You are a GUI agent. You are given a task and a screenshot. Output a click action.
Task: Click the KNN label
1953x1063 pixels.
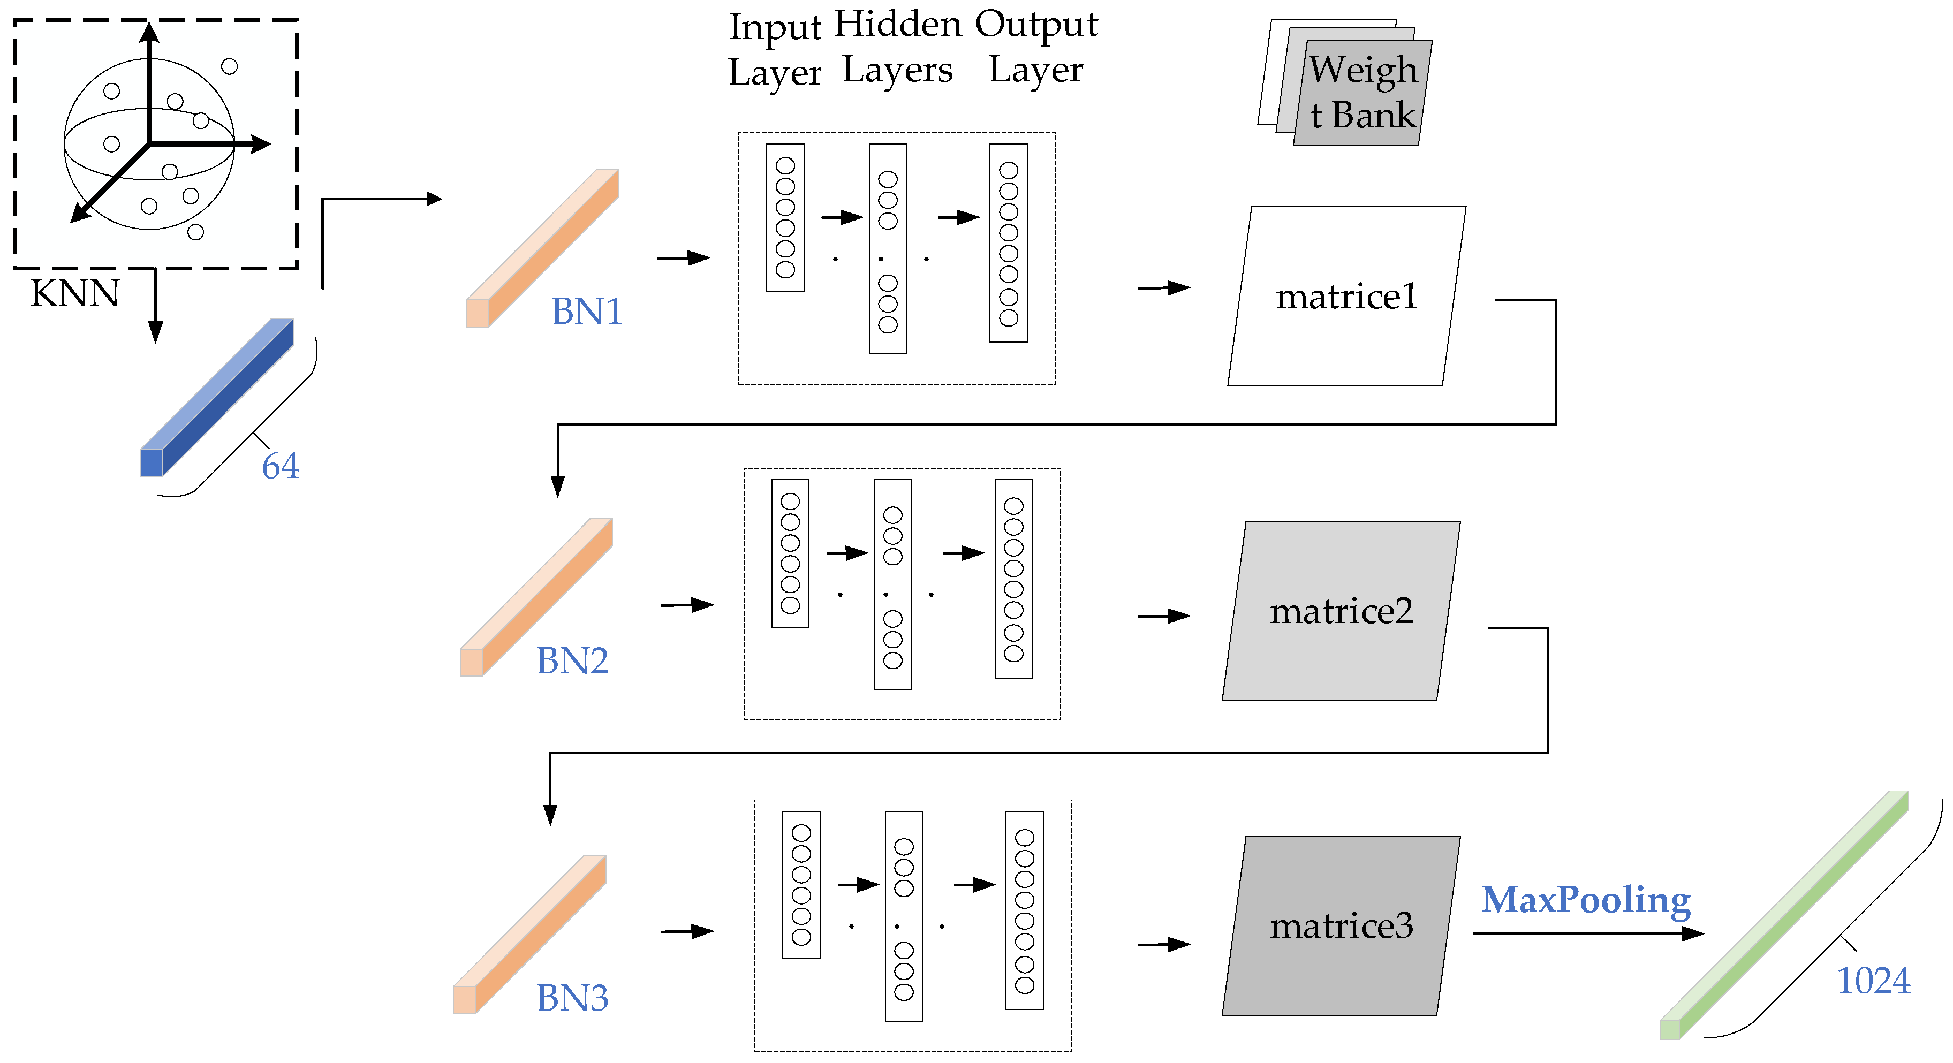(74, 293)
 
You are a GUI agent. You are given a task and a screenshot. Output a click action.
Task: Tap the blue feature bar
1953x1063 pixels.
(217, 397)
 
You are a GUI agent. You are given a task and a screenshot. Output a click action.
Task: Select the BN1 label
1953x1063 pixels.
(586, 312)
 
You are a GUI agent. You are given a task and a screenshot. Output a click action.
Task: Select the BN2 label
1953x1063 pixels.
(572, 661)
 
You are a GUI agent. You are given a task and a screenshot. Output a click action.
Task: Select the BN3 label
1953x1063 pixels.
(572, 998)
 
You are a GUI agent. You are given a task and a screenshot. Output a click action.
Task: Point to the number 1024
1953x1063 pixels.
(1873, 981)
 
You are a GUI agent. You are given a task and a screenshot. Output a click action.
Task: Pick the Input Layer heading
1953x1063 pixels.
(774, 50)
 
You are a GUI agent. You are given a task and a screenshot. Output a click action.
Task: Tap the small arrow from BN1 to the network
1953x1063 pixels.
(683, 258)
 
